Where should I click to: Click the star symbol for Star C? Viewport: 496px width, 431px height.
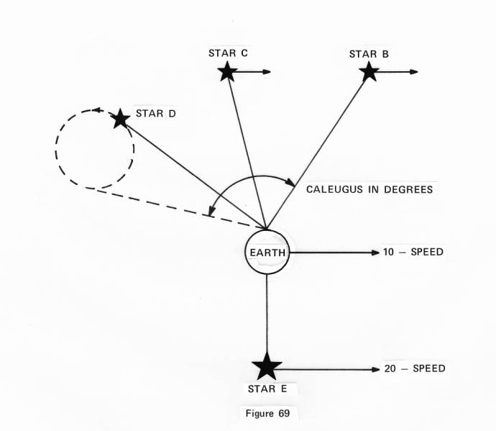click(227, 71)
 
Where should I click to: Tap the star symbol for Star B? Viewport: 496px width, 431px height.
click(369, 71)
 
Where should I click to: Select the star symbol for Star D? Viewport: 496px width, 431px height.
click(121, 118)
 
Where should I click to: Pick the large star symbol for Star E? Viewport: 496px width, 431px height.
click(267, 366)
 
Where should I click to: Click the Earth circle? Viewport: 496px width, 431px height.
click(267, 253)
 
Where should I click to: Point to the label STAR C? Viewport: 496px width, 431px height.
click(228, 53)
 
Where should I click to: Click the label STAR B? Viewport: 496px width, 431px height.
click(369, 54)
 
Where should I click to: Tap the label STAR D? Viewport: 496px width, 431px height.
click(156, 114)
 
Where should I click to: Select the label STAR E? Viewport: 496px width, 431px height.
click(267, 389)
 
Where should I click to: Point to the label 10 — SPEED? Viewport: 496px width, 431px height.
click(413, 253)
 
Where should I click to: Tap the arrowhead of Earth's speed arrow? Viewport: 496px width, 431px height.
click(375, 253)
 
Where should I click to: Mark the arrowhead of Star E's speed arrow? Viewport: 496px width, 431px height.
click(375, 369)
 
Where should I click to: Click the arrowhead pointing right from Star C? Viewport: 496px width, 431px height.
click(267, 71)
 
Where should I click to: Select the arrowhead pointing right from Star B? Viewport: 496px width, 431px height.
click(414, 71)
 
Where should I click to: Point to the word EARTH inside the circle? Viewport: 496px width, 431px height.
click(267, 253)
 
